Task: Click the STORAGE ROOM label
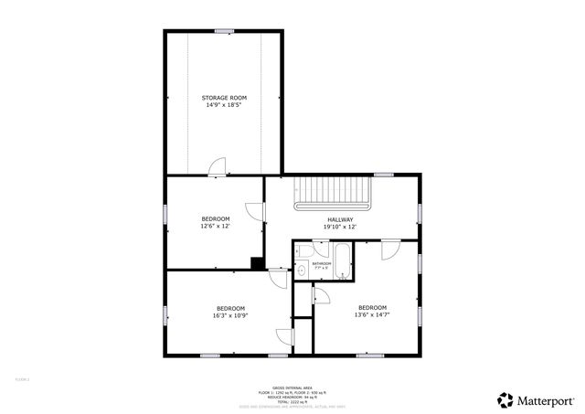pyautogui.click(x=224, y=97)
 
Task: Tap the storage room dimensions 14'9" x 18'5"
pyautogui.click(x=224, y=105)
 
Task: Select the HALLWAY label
pyautogui.click(x=340, y=219)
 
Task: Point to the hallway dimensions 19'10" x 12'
pyautogui.click(x=340, y=227)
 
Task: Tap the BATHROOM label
pyautogui.click(x=321, y=263)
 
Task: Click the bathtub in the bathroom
pyautogui.click(x=344, y=260)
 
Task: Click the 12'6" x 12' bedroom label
pyautogui.click(x=216, y=218)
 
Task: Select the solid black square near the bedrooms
pyautogui.click(x=258, y=263)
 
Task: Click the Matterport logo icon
pyautogui.click(x=505, y=399)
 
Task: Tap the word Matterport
pyautogui.click(x=548, y=399)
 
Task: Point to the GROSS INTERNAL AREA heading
pyautogui.click(x=292, y=387)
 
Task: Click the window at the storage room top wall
pyautogui.click(x=224, y=32)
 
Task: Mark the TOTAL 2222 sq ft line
pyautogui.click(x=292, y=401)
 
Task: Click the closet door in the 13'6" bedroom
pyautogui.click(x=320, y=294)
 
